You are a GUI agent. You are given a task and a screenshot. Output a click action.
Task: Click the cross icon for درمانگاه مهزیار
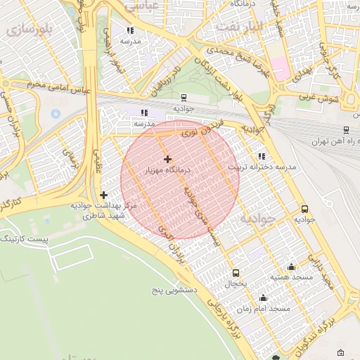click(x=167, y=160)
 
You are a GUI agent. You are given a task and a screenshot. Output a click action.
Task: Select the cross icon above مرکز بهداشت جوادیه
click(x=104, y=195)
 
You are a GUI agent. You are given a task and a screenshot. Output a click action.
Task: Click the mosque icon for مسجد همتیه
click(x=291, y=267)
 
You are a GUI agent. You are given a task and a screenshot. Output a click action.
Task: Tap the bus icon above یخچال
click(x=236, y=273)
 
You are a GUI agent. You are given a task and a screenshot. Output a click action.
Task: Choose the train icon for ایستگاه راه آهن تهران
click(x=346, y=130)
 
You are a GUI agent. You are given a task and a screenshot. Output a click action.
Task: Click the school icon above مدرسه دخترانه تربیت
click(x=262, y=156)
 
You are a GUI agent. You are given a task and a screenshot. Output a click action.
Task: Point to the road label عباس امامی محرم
click(x=64, y=89)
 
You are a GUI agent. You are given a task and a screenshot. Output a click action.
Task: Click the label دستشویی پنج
click(x=175, y=290)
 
